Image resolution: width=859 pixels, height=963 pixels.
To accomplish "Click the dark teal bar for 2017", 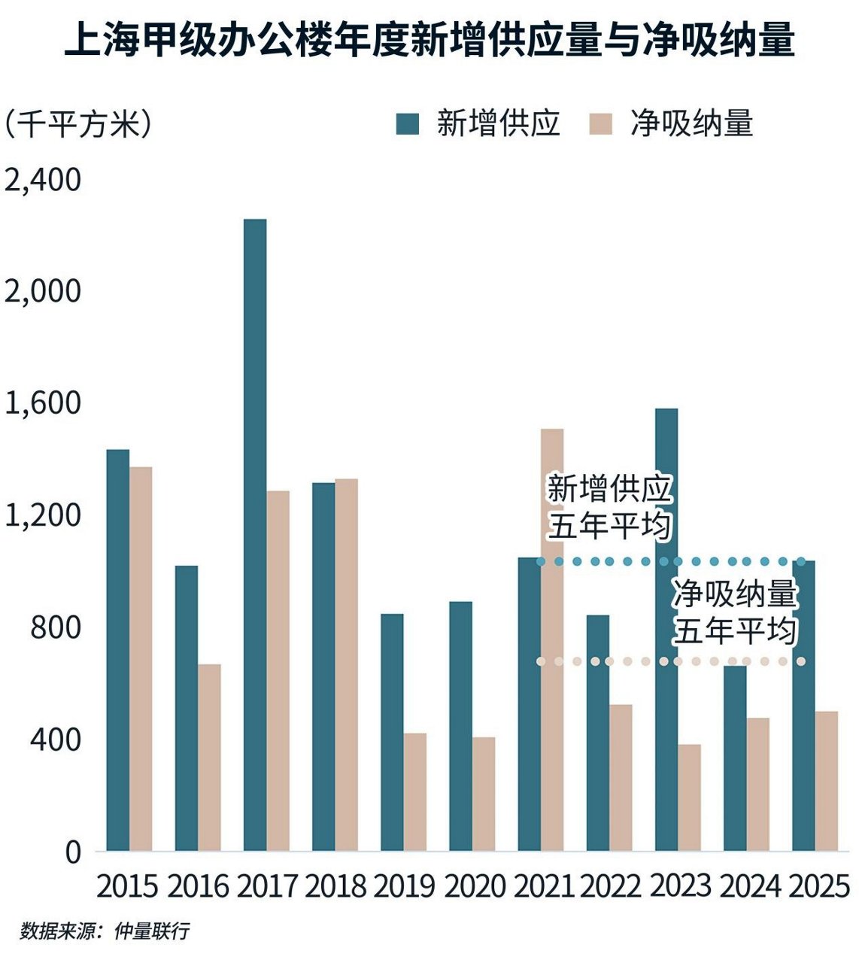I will point(255,534).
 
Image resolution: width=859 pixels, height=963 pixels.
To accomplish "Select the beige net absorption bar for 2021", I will point(552,639).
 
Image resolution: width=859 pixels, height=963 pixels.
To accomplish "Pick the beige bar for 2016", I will point(210,757).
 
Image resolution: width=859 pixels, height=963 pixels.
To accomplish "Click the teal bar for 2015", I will point(118,650).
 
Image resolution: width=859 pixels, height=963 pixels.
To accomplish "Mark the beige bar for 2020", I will point(484,794).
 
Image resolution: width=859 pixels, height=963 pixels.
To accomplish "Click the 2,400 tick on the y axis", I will point(43,181).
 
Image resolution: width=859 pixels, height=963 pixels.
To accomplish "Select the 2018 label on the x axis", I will point(335,886).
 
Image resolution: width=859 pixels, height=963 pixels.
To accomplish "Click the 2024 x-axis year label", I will point(749,886).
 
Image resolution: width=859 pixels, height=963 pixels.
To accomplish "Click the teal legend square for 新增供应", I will point(408,124).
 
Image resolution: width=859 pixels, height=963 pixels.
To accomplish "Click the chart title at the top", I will point(429,40).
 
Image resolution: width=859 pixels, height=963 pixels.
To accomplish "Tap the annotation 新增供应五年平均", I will point(609,507).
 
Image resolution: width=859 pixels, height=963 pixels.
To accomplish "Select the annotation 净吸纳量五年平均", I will point(735,612).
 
